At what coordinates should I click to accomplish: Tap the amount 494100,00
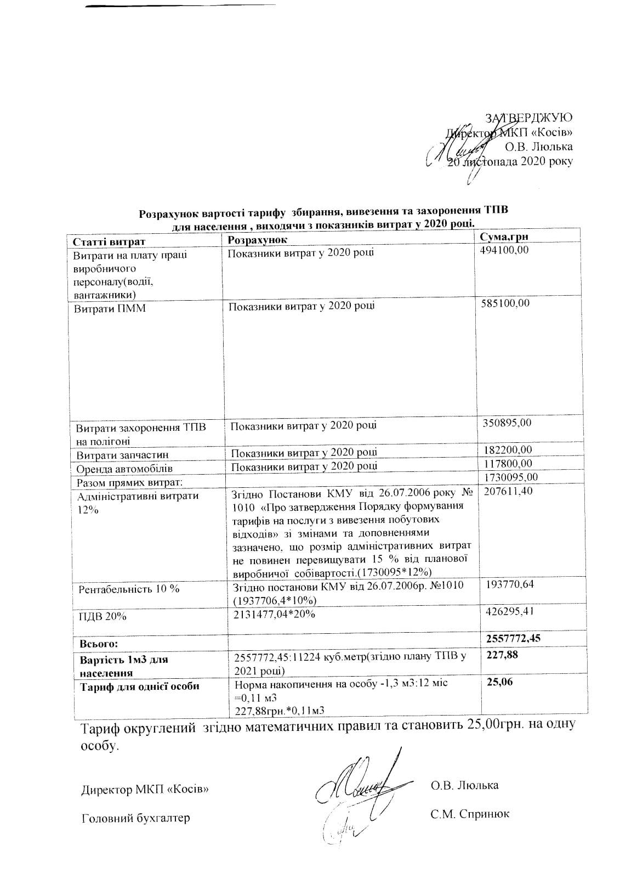click(x=505, y=250)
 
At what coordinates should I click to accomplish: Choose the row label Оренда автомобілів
click(x=124, y=469)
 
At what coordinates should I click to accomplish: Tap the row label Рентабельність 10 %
click(x=129, y=589)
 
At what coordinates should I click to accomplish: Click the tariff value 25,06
click(x=500, y=682)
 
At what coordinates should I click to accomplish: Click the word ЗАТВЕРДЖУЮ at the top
click(x=529, y=117)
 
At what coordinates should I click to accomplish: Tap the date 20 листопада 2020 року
click(x=510, y=161)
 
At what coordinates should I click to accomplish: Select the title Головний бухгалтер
click(x=135, y=818)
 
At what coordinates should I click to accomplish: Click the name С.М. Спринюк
click(x=470, y=814)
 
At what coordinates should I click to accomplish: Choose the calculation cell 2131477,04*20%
click(x=274, y=614)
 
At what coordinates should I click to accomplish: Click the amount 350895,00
click(x=507, y=423)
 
